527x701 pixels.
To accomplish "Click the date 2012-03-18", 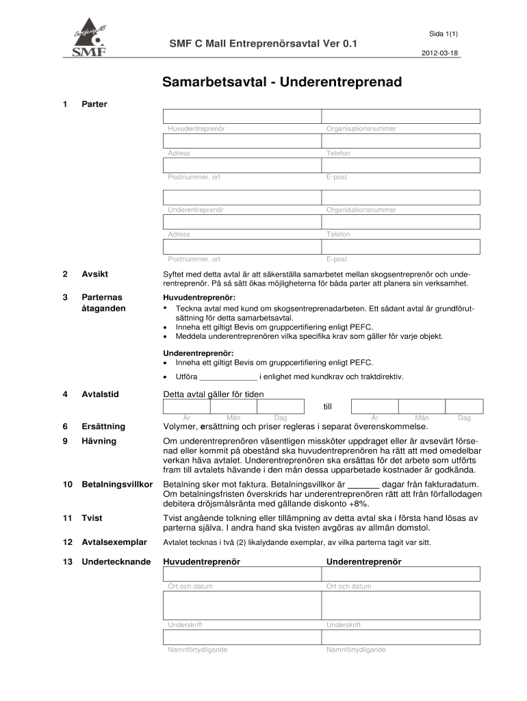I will pyautogui.click(x=440, y=53).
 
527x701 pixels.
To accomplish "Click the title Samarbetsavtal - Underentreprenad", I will pyautogui.click(x=282, y=83).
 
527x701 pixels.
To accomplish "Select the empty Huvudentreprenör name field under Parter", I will pyautogui.click(x=242, y=116).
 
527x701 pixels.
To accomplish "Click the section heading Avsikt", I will pyautogui.click(x=95, y=275).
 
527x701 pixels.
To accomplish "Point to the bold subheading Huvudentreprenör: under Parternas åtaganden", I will pyautogui.click(x=198, y=298).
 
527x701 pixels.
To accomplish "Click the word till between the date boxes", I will pyautogui.click(x=327, y=407).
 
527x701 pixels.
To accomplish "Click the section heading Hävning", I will pyautogui.click(x=99, y=441).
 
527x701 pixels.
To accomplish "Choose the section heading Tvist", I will pyautogui.click(x=92, y=518).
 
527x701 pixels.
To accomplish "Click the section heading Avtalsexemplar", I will pyautogui.click(x=114, y=542).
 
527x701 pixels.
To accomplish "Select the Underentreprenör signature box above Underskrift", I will pyautogui.click(x=401, y=604).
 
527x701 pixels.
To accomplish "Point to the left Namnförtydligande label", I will pyautogui.click(x=198, y=650).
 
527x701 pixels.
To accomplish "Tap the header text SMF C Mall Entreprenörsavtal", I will pyautogui.click(x=263, y=44).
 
